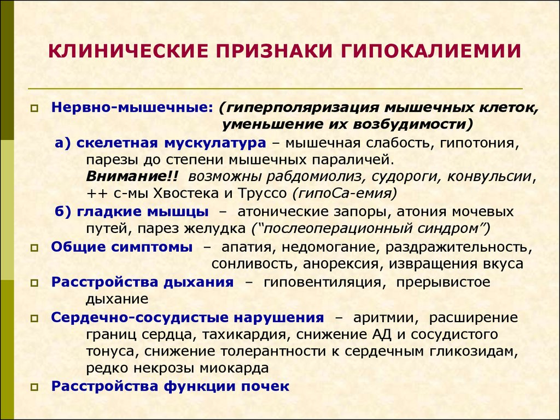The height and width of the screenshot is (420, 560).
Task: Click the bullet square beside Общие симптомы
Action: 34,247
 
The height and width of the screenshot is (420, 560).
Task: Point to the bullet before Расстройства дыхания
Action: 34,283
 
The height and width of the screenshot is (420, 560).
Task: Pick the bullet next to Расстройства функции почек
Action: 34,387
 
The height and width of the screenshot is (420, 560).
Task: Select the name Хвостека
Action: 205,194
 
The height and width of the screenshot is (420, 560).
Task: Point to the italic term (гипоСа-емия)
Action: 344,194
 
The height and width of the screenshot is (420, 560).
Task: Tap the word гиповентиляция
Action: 322,282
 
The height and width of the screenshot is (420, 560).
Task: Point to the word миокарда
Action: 237,367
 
